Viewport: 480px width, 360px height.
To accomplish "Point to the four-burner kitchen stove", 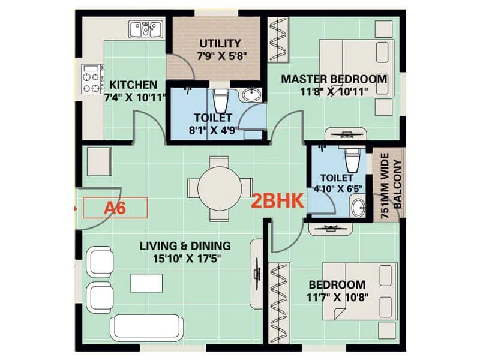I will tap(92, 79).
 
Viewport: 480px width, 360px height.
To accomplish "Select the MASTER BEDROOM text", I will tap(334, 79).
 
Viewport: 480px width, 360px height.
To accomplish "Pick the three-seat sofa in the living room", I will tap(145, 327).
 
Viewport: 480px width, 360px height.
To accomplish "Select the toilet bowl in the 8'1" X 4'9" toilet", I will tap(221, 98).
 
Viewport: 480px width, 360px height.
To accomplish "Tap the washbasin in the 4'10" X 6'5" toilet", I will tap(358, 208).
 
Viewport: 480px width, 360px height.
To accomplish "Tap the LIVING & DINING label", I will tap(185, 245).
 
